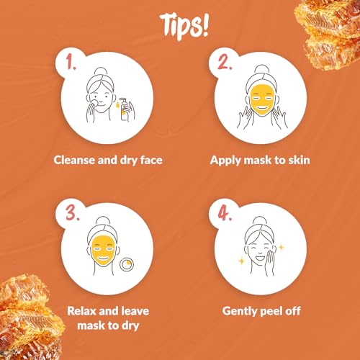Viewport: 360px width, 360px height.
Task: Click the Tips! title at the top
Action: [x=180, y=24]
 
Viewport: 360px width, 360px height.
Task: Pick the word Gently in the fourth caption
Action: [x=227, y=310]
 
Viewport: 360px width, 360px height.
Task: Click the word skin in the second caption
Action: [x=297, y=159]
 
